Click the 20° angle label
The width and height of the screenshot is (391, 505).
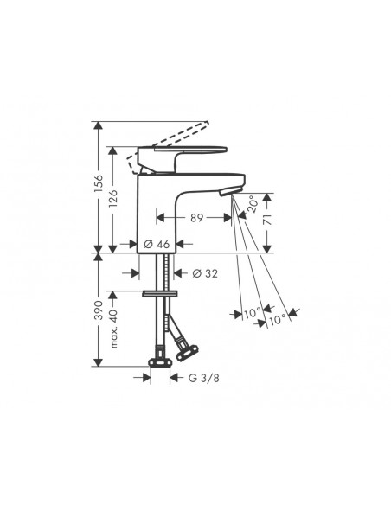click(252, 204)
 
